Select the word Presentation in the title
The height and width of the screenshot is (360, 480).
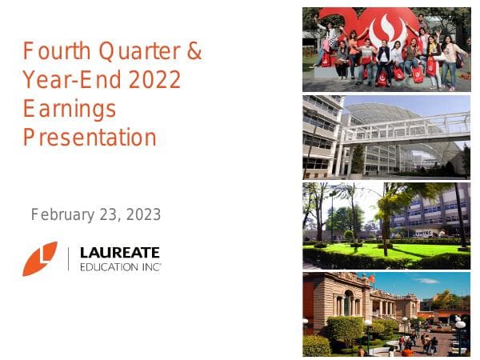(x=90, y=138)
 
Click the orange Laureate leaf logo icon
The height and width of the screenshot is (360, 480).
(x=40, y=258)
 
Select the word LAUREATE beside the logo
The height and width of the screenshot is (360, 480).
(x=120, y=252)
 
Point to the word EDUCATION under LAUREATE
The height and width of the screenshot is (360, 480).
(x=111, y=266)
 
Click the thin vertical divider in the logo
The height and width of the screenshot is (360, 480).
(x=68, y=258)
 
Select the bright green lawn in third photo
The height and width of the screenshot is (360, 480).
(x=376, y=250)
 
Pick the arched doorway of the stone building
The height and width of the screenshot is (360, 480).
(x=347, y=303)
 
